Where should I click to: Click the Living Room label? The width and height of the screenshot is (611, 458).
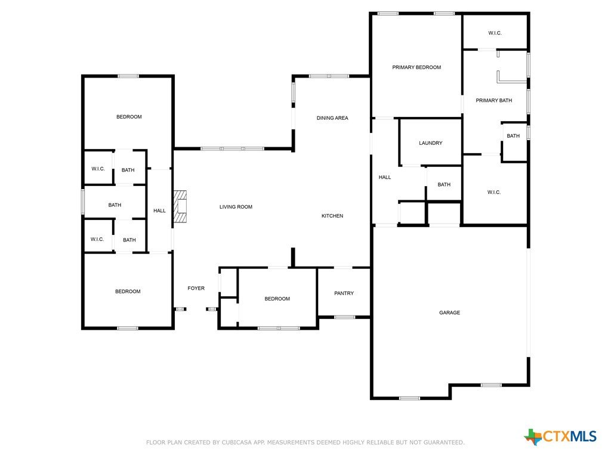(x=236, y=207)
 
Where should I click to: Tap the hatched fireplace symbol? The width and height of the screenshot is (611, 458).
(x=180, y=206)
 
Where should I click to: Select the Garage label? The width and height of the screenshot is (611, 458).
(x=449, y=312)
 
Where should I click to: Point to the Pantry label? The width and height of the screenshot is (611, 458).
(x=344, y=293)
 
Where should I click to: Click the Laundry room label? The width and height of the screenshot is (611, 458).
(x=431, y=143)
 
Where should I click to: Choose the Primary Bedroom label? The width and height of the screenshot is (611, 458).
(x=416, y=67)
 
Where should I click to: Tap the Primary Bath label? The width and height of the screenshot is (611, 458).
(x=493, y=100)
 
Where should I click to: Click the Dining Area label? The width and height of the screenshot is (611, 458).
(x=332, y=117)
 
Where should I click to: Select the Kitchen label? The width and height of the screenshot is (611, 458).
(x=332, y=215)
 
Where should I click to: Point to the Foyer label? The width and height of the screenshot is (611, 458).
(x=196, y=288)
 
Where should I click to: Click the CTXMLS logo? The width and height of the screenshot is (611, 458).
(x=560, y=437)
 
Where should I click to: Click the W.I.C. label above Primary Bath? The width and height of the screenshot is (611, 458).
(x=495, y=33)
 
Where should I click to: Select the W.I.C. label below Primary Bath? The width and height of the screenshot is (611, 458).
(x=493, y=192)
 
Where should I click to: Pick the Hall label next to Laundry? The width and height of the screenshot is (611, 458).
(x=385, y=177)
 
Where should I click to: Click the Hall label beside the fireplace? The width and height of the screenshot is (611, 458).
(x=159, y=211)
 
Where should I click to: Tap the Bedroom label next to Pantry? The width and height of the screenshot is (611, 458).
(x=277, y=299)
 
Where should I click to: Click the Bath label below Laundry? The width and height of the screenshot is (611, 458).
(x=444, y=185)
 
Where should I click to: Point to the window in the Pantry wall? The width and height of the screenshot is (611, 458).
(x=344, y=317)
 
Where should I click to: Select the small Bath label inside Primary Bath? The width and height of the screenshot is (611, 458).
(x=513, y=136)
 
